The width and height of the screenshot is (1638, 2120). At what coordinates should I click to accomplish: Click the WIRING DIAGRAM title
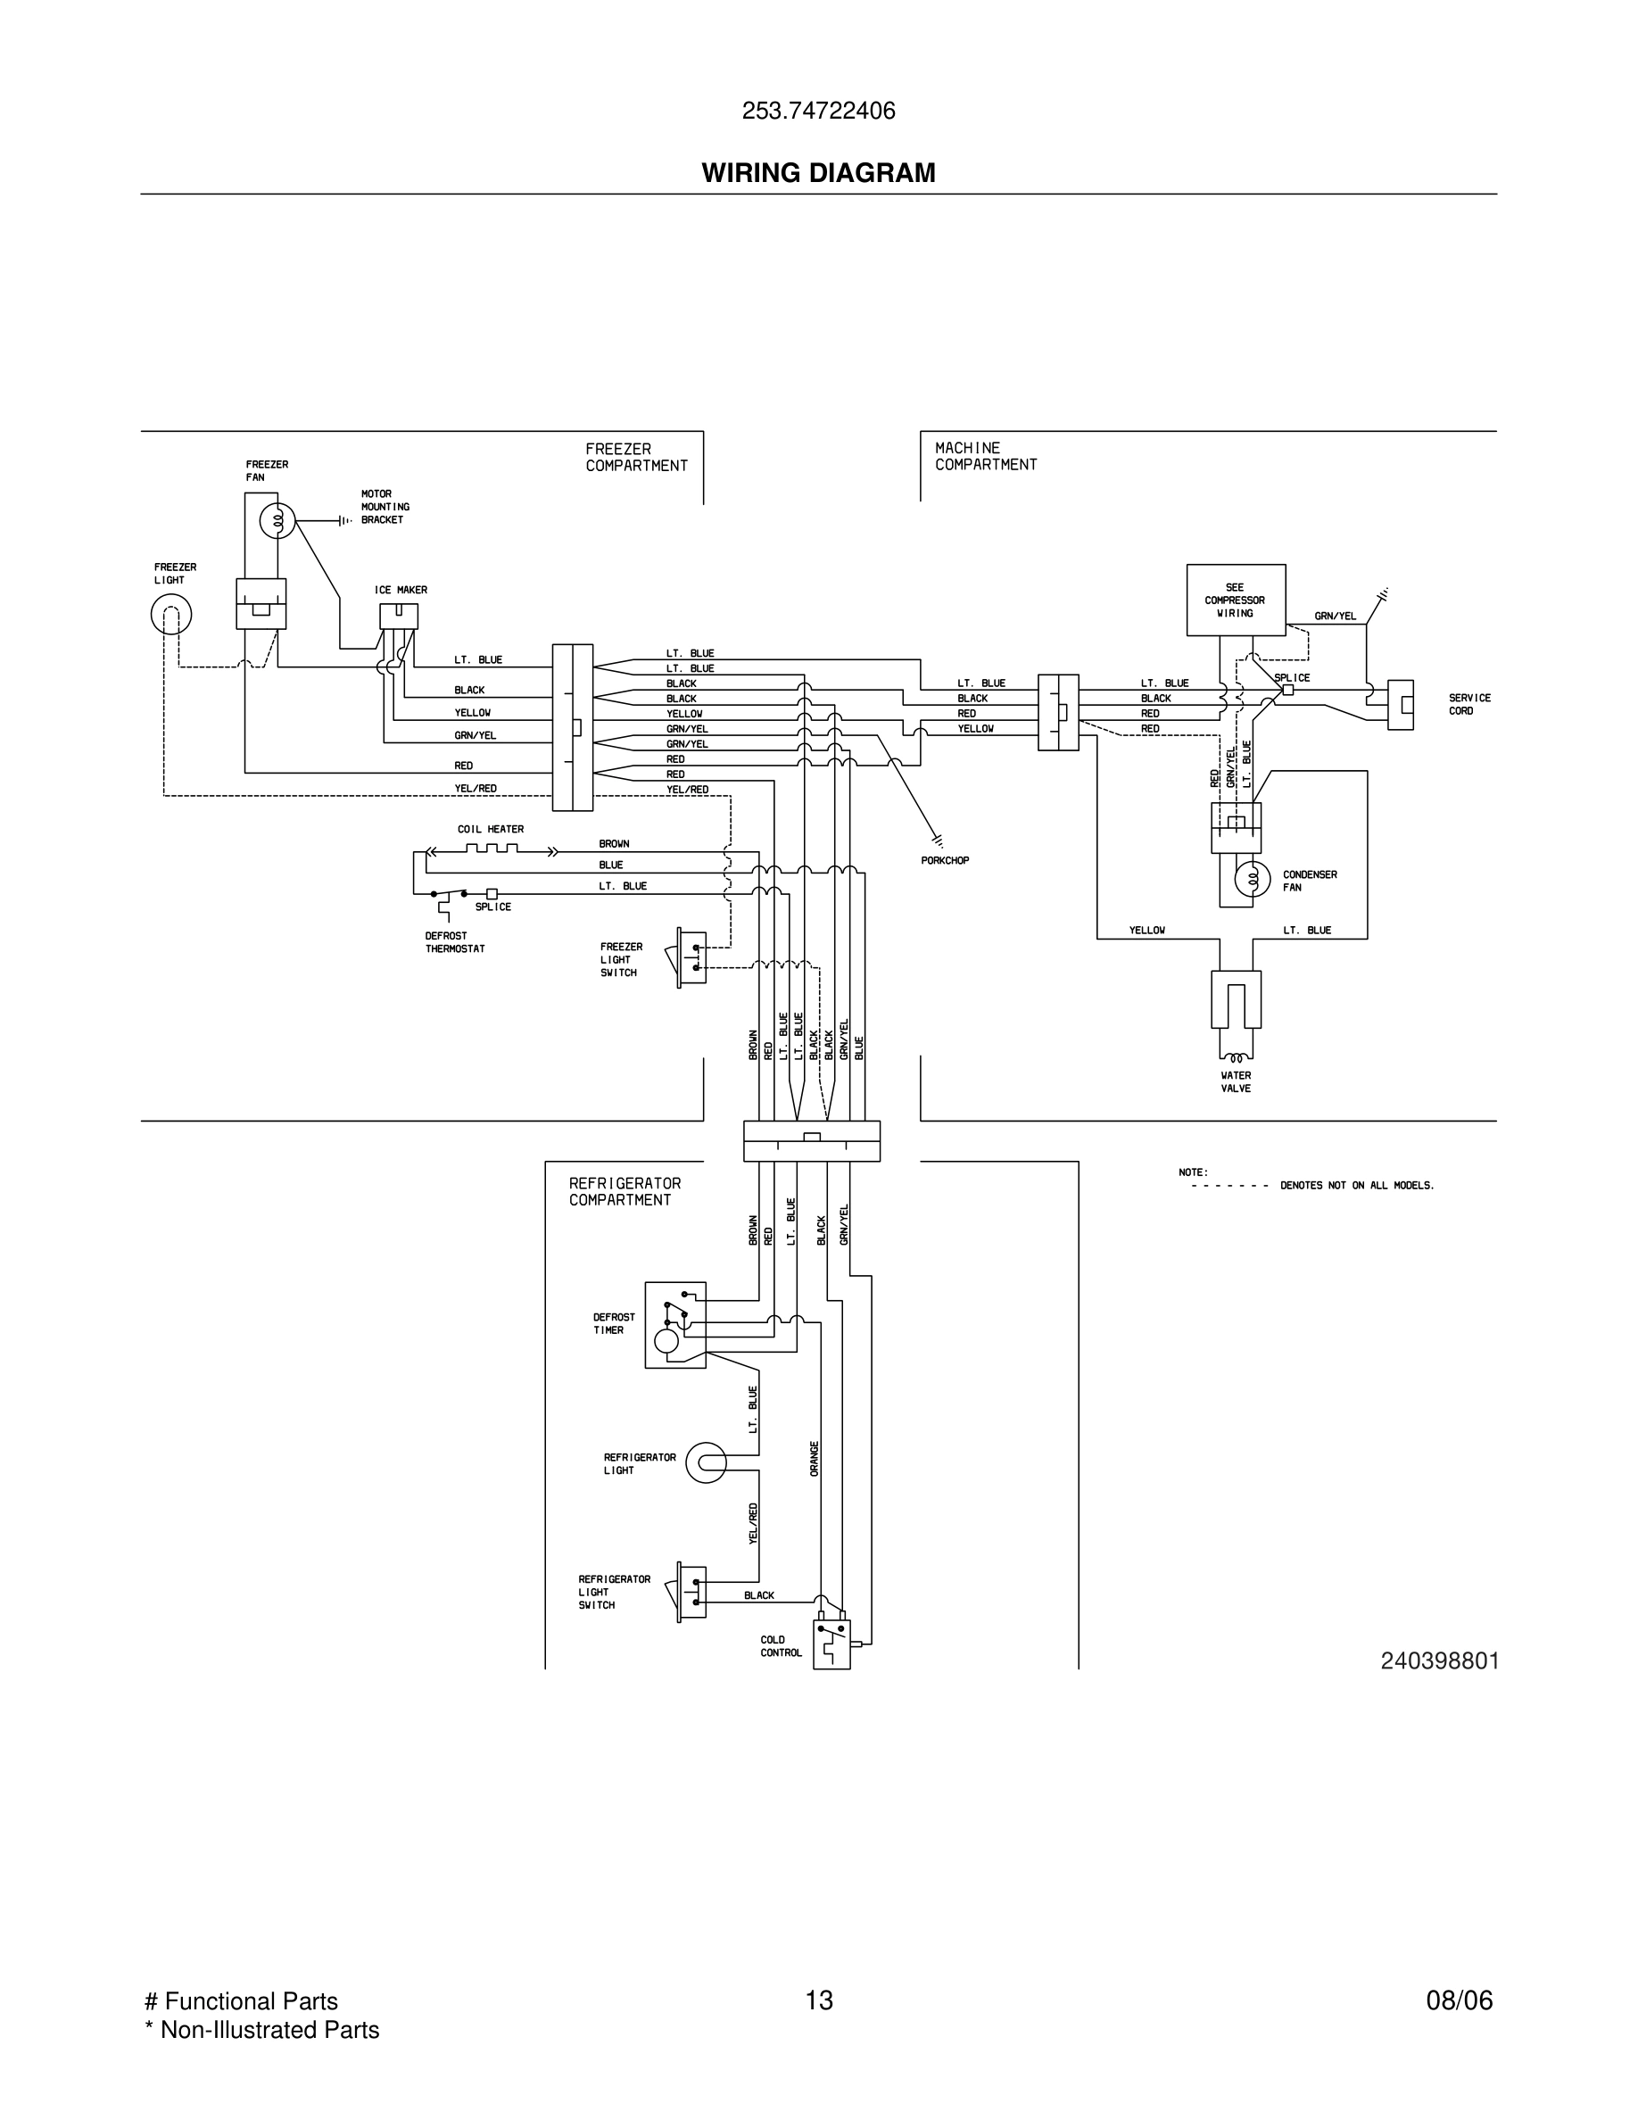tap(818, 173)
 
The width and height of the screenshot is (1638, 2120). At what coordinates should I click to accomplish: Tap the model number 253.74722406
tap(818, 112)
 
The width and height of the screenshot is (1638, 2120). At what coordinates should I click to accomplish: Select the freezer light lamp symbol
tap(170, 614)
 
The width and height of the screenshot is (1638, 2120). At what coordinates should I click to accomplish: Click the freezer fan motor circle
tap(277, 522)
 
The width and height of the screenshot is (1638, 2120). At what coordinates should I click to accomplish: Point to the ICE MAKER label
tap(401, 590)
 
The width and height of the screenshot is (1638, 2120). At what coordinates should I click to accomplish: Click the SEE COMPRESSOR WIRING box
tap(1236, 600)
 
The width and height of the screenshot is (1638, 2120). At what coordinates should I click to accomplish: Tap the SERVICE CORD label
tap(1469, 704)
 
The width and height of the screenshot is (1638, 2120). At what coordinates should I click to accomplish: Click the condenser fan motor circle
tap(1252, 880)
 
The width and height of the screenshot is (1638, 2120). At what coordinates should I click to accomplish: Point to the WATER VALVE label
tap(1236, 1081)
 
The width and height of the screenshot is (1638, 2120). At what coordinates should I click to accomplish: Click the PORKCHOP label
tap(945, 860)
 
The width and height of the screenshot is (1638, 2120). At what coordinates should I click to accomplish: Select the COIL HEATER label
tap(490, 829)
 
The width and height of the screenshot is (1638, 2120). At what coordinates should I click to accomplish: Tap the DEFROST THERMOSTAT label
tap(454, 942)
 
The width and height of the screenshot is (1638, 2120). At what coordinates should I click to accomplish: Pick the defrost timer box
tap(675, 1325)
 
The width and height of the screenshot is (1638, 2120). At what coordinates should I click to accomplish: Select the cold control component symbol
tap(831, 1644)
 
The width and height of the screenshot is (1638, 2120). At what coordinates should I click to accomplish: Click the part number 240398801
tap(1439, 1660)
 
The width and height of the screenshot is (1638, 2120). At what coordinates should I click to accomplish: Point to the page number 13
tap(818, 2000)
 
